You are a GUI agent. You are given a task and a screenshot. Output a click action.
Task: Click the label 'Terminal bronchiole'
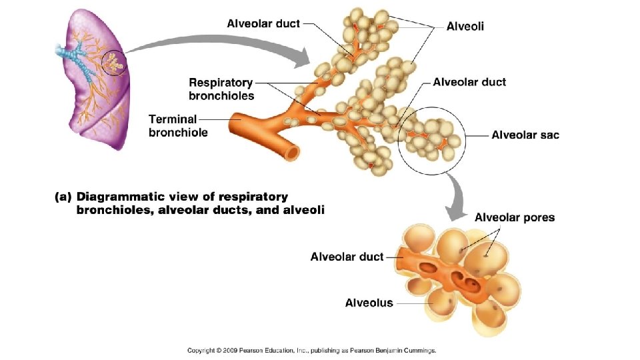coord(178,126)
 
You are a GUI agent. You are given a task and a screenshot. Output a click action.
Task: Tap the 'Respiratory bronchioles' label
coord(221,89)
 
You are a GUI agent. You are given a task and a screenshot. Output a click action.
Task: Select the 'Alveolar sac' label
coord(525,135)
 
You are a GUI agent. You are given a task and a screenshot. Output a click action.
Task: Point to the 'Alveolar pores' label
coord(514,217)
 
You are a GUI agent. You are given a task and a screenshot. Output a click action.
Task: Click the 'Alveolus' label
coord(369,303)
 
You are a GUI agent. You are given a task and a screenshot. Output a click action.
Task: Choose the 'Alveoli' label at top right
coord(465,27)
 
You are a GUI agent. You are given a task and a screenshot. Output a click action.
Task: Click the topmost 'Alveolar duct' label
coord(263,23)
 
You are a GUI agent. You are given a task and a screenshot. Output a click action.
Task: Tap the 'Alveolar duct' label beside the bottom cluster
coord(347,257)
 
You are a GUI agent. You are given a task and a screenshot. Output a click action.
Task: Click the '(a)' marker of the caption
coord(63,197)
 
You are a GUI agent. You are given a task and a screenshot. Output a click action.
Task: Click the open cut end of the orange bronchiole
coord(291,153)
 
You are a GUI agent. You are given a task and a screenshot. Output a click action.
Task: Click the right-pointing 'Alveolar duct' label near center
coord(469,82)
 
